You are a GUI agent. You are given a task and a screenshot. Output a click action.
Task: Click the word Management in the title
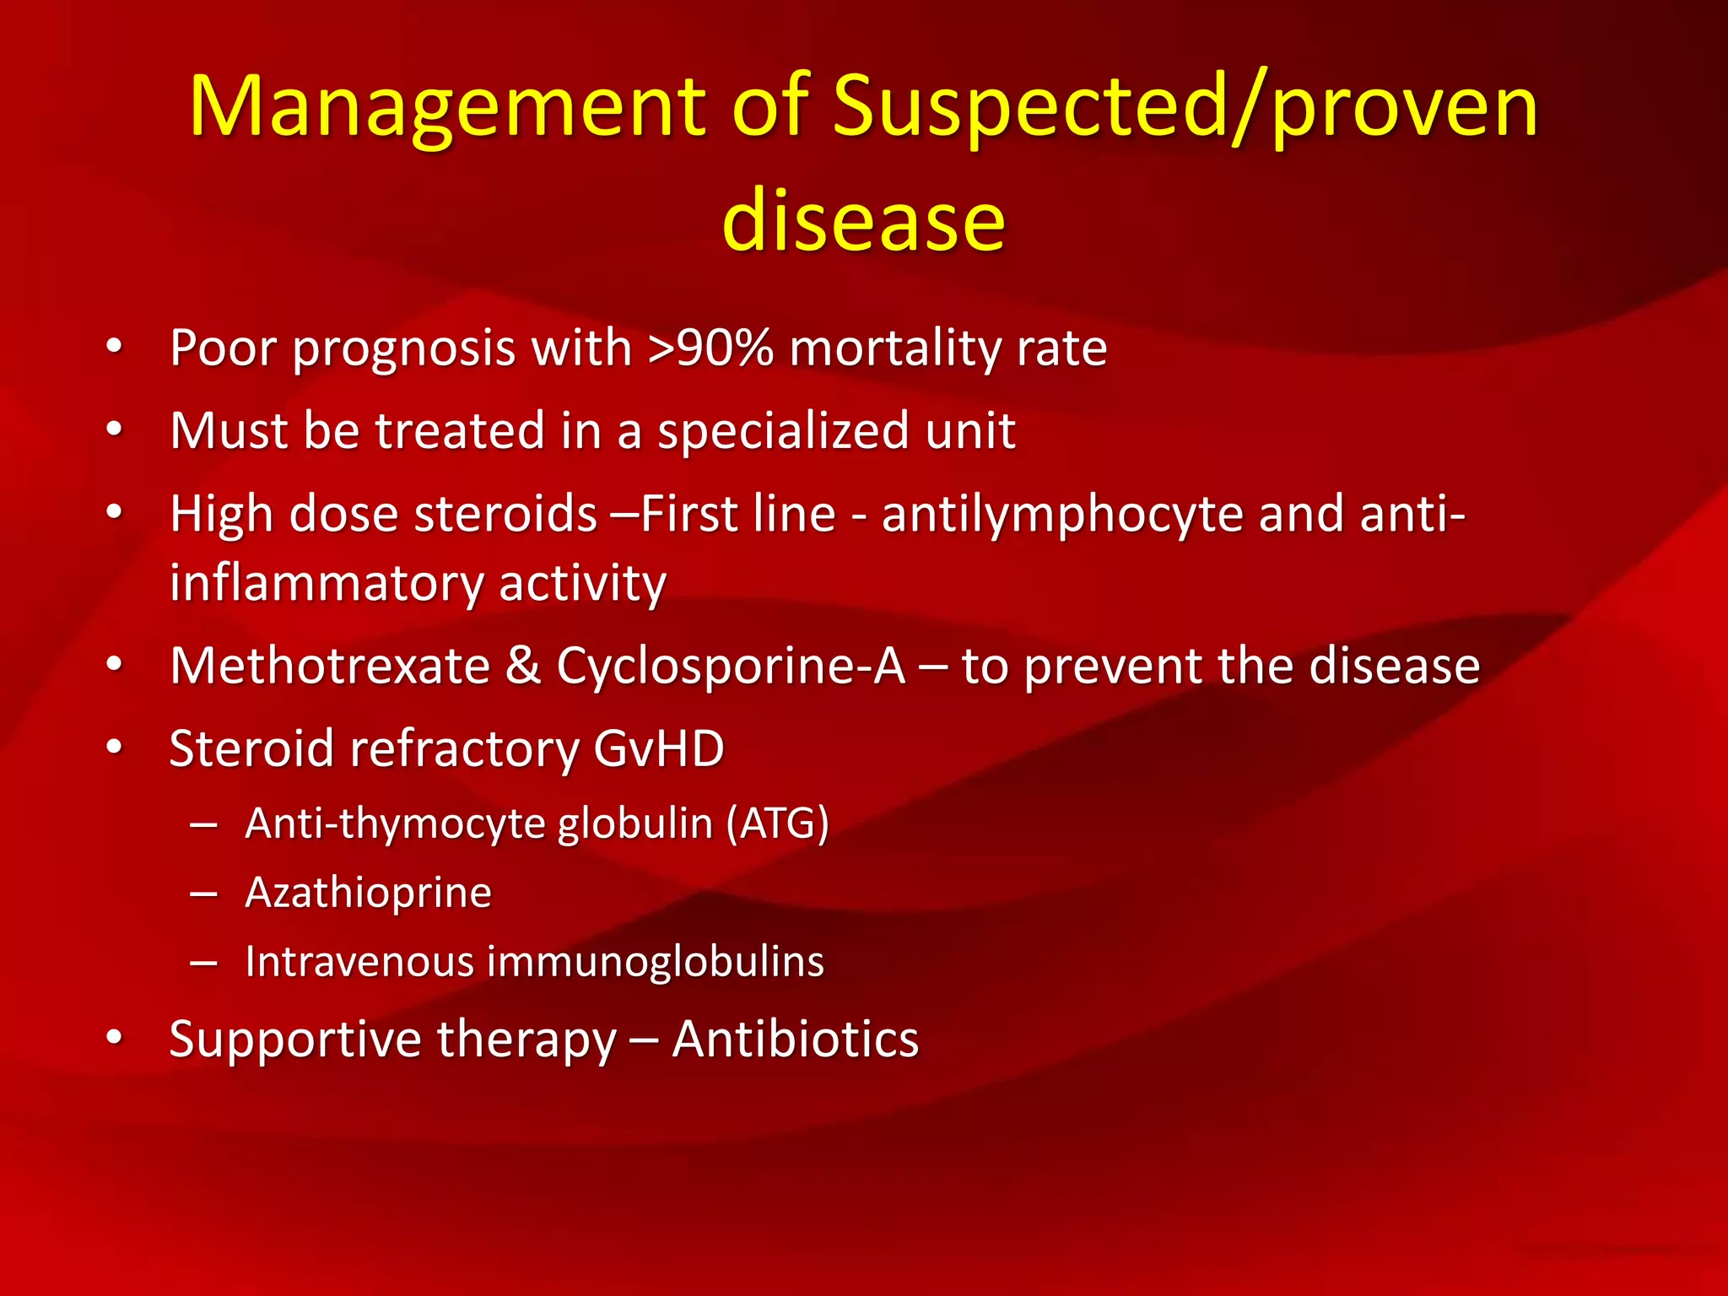tap(448, 107)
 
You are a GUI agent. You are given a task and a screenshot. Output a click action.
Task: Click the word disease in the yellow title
tap(863, 221)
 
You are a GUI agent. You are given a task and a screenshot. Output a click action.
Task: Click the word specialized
tap(782, 431)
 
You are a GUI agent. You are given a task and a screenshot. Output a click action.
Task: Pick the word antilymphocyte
tap(1062, 514)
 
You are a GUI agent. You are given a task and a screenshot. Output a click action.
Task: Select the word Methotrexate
tap(330, 666)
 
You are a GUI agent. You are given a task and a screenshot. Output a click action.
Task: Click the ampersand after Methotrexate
tap(523, 666)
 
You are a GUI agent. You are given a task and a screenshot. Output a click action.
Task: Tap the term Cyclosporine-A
tap(731, 666)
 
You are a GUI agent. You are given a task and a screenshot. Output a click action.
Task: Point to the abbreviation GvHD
tap(658, 748)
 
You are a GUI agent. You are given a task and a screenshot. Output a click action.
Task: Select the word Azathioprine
tap(368, 893)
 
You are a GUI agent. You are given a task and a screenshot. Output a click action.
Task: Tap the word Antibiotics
tap(795, 1039)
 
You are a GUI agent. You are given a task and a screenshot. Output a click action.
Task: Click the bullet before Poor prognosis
tap(115, 346)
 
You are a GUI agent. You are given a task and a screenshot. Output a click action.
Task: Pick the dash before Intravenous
tap(204, 962)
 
